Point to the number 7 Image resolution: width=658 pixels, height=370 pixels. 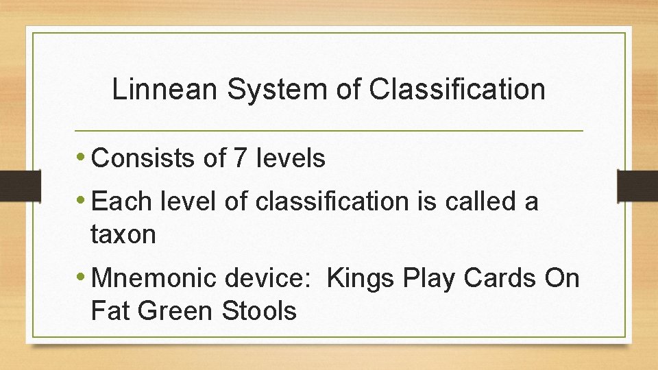coord(239,159)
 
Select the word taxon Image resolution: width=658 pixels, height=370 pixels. coord(123,235)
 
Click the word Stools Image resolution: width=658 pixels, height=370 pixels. coord(259,311)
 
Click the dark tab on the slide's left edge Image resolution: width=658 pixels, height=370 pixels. coord(12,185)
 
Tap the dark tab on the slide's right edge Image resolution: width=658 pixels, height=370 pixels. coord(637,185)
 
